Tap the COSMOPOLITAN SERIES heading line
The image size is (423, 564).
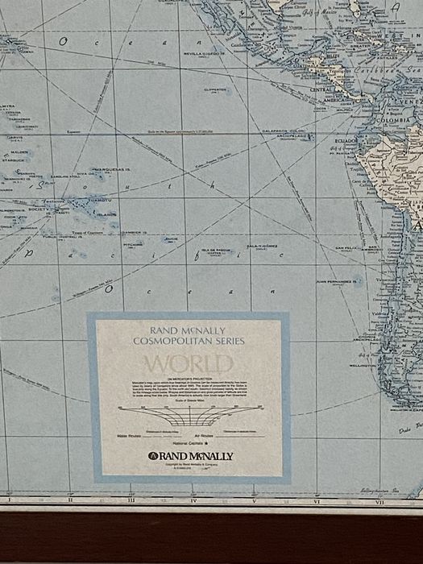pos(190,342)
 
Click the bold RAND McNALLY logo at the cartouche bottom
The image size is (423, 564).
pos(190,456)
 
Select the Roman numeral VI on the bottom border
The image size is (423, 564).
pos(317,500)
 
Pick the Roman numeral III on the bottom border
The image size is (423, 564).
pos(131,500)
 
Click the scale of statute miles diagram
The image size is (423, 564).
pos(190,418)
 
